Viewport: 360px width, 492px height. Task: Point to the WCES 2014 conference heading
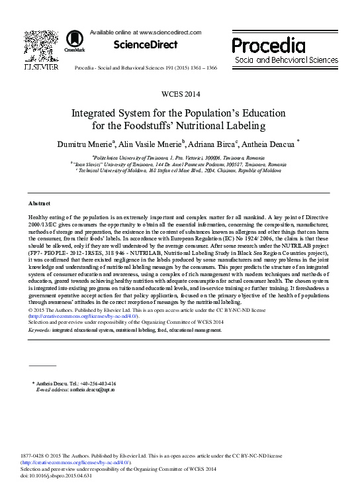click(179, 94)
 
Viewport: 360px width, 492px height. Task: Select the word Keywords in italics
click(40, 329)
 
